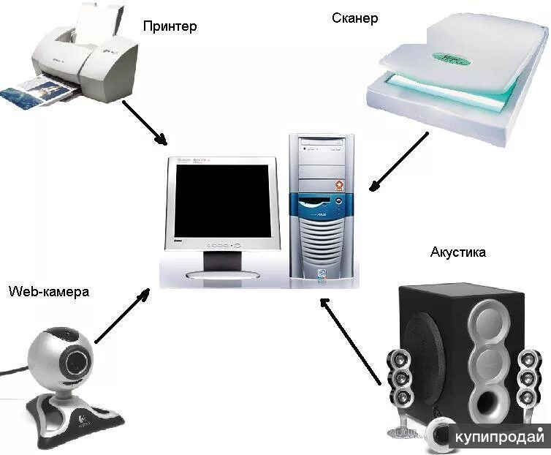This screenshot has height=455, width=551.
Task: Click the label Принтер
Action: (170, 27)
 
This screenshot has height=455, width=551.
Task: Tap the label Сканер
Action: (354, 18)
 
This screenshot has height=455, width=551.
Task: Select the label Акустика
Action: (458, 253)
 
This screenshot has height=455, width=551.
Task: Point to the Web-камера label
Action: (49, 292)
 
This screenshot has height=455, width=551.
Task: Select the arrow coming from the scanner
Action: (399, 162)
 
